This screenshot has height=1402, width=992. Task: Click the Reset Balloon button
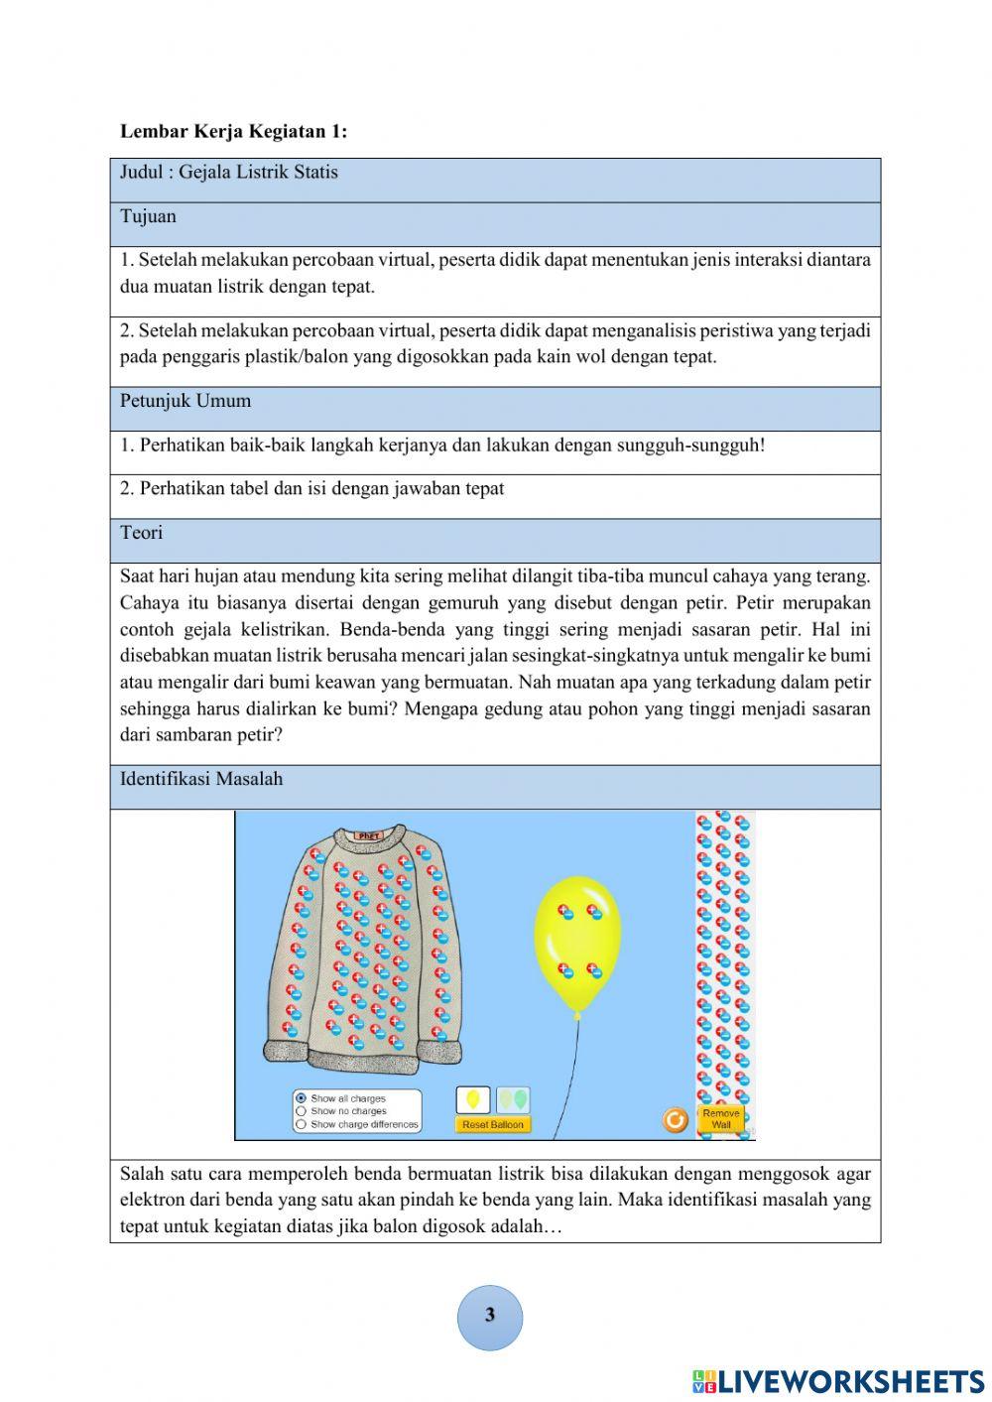pos(493,1124)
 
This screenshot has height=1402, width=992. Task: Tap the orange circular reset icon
pos(676,1120)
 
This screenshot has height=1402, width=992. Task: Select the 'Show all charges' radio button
pos(301,1098)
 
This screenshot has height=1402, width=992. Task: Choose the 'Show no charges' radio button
pos(301,1111)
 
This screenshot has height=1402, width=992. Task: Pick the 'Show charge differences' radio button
pos(301,1124)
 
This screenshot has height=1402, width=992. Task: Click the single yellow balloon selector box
pos(473,1099)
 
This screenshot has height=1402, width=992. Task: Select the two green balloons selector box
pos(513,1099)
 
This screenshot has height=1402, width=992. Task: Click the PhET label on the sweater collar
pos(368,836)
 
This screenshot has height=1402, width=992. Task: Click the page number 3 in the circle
pos(489,1316)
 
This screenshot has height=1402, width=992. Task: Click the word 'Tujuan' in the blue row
pos(148,216)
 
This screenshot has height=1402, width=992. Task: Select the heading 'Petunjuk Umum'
pos(186,401)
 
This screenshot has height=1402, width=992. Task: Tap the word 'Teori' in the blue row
pos(141,533)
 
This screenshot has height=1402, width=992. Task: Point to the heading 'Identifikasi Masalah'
pos(201,779)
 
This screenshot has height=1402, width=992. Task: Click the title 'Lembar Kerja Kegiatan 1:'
pos(233,131)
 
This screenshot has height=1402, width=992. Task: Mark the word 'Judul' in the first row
pos(142,173)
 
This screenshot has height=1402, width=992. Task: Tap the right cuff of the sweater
pos(440,1050)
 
